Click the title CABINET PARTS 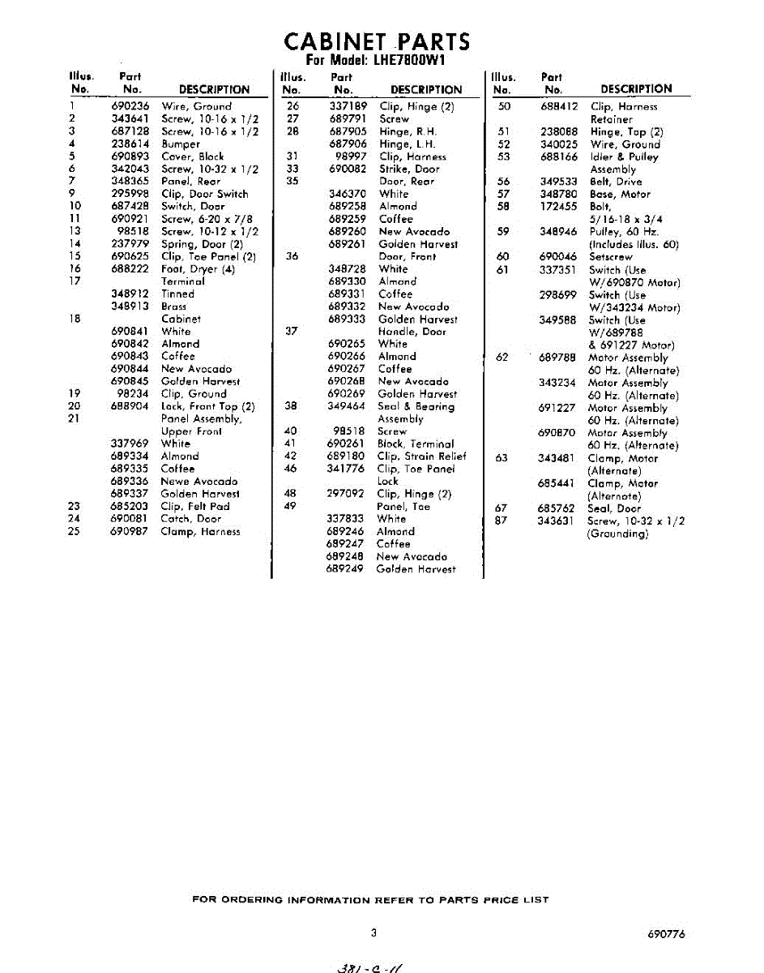376,41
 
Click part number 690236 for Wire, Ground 130,106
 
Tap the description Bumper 181,144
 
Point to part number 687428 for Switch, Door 130,207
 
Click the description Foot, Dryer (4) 198,269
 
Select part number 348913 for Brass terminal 130,306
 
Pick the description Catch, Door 191,519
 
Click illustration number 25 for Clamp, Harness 74,532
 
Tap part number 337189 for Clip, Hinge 348,106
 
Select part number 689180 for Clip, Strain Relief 345,456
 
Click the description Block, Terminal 416,444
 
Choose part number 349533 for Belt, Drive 559,182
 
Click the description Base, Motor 620,195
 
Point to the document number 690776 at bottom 666,934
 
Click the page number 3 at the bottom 373,933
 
